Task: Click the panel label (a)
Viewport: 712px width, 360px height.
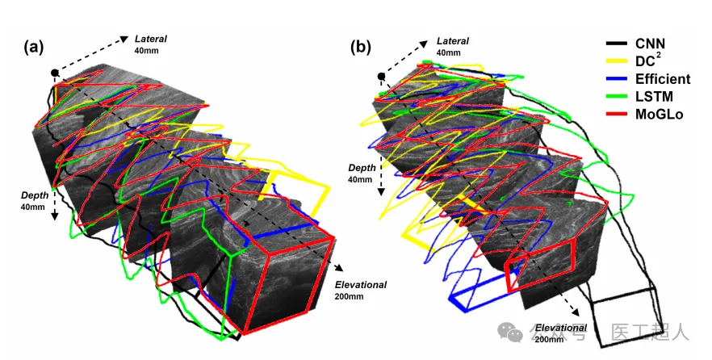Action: point(34,47)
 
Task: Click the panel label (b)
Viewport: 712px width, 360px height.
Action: point(360,47)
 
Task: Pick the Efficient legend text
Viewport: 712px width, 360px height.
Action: point(663,78)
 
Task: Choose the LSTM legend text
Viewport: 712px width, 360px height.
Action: point(653,97)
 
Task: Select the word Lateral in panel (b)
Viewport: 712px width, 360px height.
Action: point(453,40)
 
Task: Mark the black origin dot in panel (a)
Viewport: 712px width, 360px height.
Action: point(55,73)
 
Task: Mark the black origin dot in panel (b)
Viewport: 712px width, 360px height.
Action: point(381,77)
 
